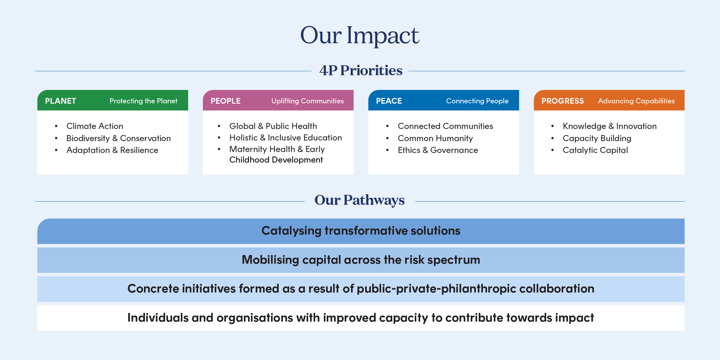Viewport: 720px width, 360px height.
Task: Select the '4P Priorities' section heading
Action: pos(361,70)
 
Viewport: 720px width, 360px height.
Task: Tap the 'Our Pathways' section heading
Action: pos(360,200)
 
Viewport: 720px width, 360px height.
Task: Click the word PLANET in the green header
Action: pos(60,101)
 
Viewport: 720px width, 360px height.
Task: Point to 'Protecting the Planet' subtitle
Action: pos(143,101)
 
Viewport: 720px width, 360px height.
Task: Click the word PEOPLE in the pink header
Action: pos(226,101)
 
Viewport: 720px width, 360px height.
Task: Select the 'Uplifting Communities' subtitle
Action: pos(308,101)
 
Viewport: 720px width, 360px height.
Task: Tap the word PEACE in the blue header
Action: pos(389,101)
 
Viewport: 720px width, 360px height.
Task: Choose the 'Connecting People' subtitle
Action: pos(477,101)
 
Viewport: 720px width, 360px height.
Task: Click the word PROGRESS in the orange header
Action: pos(563,101)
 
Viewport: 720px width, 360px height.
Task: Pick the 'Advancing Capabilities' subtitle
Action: pos(636,101)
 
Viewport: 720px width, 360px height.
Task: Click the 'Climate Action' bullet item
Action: pos(95,126)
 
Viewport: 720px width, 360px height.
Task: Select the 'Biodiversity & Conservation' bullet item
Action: pos(118,138)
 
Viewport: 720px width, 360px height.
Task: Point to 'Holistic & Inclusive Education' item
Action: pos(285,138)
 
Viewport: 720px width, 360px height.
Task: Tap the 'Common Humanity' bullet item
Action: pos(435,138)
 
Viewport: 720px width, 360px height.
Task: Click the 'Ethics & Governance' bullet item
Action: pos(438,150)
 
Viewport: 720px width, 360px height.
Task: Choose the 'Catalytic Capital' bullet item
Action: pos(595,150)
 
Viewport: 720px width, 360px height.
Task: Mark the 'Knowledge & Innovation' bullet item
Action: pos(610,126)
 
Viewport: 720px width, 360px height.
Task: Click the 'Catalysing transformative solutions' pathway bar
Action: pos(361,231)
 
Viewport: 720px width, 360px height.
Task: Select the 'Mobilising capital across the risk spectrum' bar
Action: pos(361,260)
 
